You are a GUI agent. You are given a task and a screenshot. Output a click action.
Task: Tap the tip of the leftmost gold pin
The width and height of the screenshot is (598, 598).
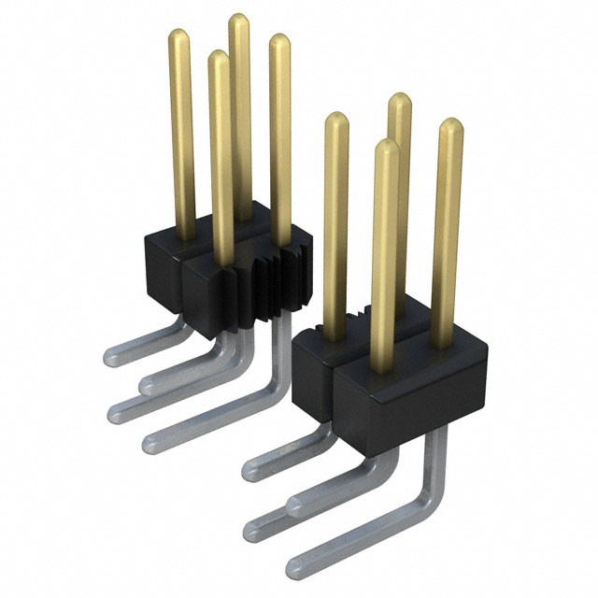178,36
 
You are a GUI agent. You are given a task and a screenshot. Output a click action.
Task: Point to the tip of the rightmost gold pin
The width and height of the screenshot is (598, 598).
450,124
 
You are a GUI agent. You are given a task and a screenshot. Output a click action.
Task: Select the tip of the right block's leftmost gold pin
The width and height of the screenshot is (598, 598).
335,119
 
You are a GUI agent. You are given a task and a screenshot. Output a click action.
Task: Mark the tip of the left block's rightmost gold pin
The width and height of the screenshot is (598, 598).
278,40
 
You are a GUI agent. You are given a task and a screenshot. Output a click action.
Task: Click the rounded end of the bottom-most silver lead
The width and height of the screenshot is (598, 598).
294,565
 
